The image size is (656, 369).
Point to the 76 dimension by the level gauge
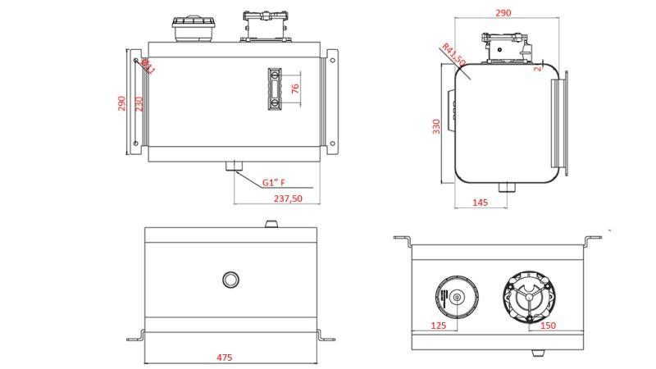click(295, 89)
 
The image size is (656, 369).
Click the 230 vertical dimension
click(139, 104)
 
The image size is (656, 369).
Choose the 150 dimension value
click(547, 326)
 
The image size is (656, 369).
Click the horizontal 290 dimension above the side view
click(503, 13)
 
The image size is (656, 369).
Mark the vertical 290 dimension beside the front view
click(122, 104)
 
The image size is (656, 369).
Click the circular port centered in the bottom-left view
click(231, 279)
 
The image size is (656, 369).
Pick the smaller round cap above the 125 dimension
click(453, 297)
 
